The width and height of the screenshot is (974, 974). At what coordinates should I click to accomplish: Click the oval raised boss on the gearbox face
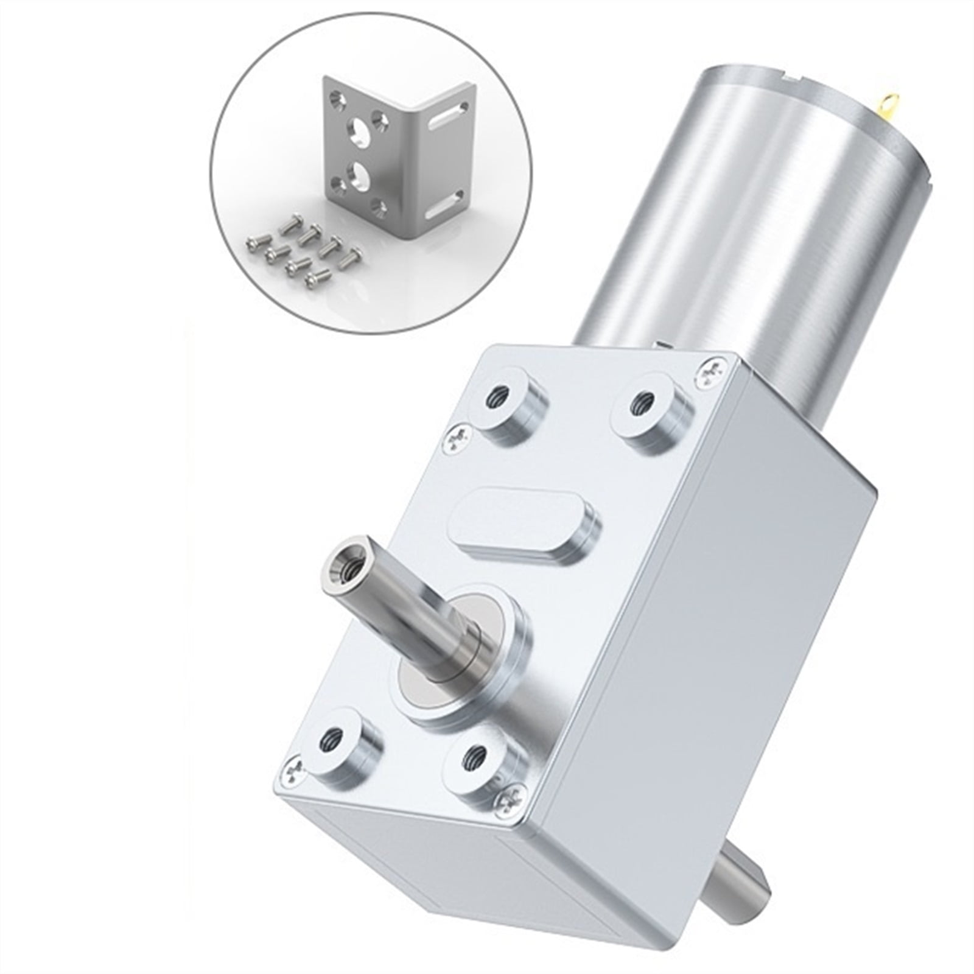coord(524,528)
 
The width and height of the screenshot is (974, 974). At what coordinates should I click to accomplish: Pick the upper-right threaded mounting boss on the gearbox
coord(643,402)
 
